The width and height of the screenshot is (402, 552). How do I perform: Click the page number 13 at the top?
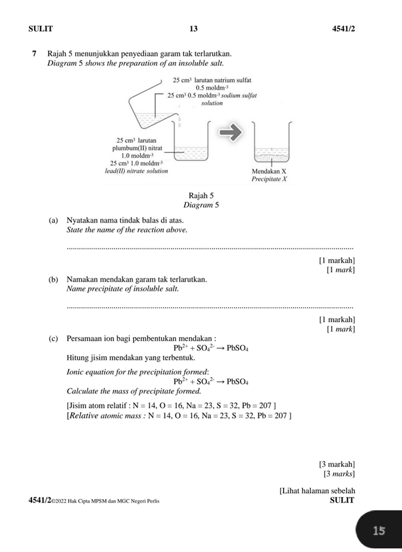click(x=194, y=29)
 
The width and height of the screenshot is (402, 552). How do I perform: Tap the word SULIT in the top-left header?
click(x=40, y=29)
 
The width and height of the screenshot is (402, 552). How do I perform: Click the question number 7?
click(x=35, y=54)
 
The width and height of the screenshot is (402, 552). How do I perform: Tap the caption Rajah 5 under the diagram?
click(x=201, y=195)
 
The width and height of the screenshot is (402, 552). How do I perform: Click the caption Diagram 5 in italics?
click(x=201, y=205)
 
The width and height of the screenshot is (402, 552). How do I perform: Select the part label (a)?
click(x=54, y=220)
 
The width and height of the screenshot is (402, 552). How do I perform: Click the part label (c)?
click(x=54, y=339)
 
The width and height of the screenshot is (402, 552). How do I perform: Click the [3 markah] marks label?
click(x=337, y=464)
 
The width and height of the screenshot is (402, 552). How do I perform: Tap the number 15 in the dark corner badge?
click(x=379, y=531)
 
